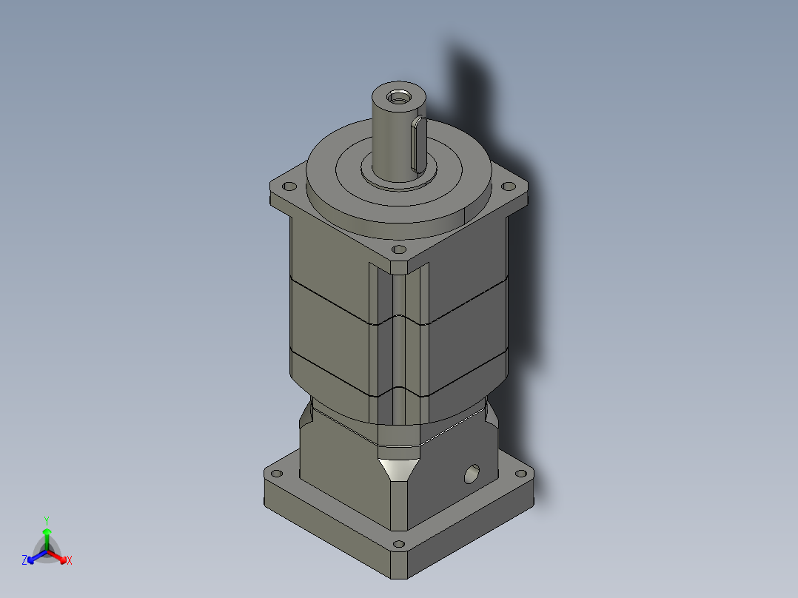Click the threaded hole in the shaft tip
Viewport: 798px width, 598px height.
pos(399,95)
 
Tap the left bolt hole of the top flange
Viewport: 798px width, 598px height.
pos(289,187)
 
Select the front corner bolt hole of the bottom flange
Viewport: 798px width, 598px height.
pos(400,545)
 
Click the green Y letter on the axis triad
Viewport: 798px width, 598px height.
pos(46,520)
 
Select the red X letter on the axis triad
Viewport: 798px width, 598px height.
pos(69,561)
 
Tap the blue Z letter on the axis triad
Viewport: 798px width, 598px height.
pos(24,561)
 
